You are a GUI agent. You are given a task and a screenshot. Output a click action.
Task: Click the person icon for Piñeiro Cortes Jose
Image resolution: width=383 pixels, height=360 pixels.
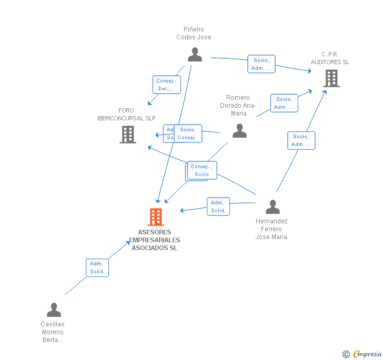(x=195, y=54)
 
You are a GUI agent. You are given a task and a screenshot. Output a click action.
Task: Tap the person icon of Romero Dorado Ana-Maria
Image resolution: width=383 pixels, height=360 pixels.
(x=239, y=130)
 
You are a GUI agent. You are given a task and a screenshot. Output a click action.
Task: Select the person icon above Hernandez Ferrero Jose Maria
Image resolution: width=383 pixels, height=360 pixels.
(x=273, y=207)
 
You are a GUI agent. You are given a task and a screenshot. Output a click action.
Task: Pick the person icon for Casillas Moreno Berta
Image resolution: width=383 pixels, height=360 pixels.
(x=54, y=310)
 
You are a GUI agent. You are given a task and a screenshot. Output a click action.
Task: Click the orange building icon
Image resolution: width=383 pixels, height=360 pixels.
(x=156, y=217)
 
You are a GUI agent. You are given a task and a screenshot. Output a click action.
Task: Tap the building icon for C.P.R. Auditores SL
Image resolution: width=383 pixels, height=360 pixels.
(x=331, y=78)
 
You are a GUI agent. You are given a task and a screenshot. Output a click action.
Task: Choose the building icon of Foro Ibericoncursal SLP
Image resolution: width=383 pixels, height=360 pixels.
(x=128, y=134)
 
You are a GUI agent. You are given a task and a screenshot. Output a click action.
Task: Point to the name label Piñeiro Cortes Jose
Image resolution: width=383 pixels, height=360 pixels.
(x=194, y=33)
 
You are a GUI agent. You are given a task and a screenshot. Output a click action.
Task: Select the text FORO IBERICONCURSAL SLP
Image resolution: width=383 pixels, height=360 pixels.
(x=126, y=114)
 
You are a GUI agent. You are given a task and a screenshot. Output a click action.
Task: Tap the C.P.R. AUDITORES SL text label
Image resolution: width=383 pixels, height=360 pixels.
(x=330, y=58)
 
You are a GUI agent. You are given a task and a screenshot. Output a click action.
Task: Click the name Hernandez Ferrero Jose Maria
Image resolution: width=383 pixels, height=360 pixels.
(x=271, y=229)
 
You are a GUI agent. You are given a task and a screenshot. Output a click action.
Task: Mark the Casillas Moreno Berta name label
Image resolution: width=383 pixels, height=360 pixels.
(x=53, y=332)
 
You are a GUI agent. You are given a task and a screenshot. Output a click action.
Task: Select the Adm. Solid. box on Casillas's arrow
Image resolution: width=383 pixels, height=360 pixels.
(x=97, y=268)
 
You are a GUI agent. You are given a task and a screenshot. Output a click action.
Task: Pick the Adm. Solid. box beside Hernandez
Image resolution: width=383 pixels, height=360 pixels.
(x=218, y=207)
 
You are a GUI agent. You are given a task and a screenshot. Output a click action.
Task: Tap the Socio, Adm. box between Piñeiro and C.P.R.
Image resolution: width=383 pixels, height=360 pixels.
(x=261, y=64)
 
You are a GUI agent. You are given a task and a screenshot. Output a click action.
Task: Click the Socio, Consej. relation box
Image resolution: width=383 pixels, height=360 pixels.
(x=187, y=133)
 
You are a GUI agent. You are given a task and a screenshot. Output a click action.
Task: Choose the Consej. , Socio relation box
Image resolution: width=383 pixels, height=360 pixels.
(x=201, y=170)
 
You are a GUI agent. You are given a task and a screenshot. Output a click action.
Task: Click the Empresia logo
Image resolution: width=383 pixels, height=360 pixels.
(x=362, y=354)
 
